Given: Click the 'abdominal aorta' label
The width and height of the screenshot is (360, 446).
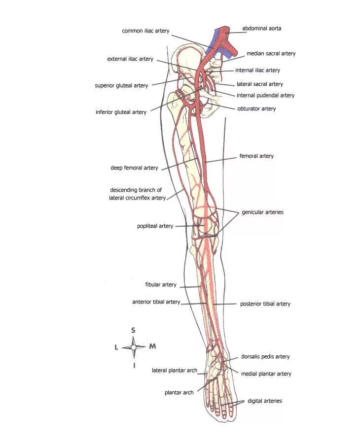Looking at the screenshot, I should [261, 29].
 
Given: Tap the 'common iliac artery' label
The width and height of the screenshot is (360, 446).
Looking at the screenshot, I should [145, 31].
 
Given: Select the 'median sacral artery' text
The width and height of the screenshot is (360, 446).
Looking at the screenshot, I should [271, 54].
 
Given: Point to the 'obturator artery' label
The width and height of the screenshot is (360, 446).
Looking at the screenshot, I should [256, 108].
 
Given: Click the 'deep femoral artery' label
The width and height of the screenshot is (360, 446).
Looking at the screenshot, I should [134, 168].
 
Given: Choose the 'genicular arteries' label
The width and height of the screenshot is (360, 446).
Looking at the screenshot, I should [262, 212].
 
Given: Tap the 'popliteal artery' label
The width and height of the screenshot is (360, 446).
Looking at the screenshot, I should [155, 226].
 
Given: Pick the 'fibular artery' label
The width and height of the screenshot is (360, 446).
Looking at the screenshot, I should [161, 285].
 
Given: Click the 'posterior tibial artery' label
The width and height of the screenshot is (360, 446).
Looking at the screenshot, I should [265, 304].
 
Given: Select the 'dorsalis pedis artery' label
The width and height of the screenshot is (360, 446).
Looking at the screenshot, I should [265, 357].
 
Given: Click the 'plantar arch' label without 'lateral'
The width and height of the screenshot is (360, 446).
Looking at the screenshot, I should [179, 393].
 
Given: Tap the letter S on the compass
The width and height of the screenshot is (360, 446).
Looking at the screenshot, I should [133, 330].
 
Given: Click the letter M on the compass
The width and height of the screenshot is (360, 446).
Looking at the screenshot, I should [152, 346].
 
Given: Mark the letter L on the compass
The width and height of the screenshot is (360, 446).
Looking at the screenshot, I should [116, 347].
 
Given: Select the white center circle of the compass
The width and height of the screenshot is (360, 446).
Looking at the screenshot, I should [134, 347].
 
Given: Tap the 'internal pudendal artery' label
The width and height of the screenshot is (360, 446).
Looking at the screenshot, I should [265, 96].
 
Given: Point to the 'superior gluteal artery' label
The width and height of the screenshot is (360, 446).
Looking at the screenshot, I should [121, 86].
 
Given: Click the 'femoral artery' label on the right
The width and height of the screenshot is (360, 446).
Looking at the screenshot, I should [256, 156].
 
